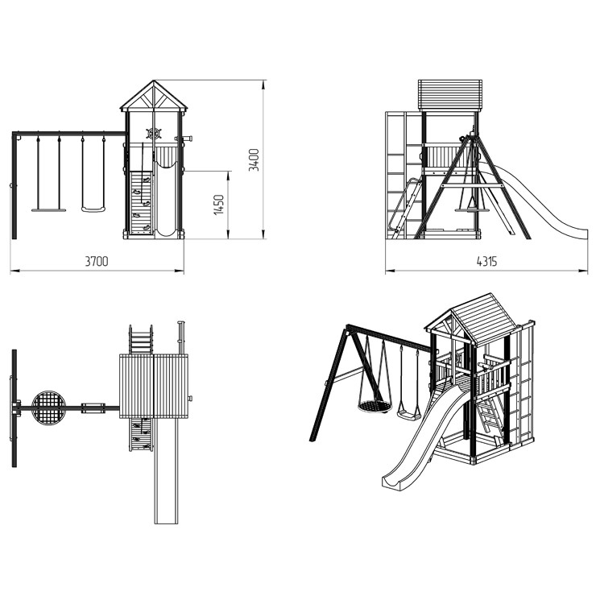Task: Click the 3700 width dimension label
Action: (x=97, y=261)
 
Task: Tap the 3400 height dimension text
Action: (x=254, y=159)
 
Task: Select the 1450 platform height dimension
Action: (x=219, y=205)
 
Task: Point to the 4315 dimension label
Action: (x=486, y=261)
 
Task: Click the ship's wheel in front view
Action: (x=154, y=134)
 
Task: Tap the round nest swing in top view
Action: (x=48, y=408)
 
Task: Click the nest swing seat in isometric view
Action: (x=375, y=407)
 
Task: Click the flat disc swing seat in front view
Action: (x=48, y=209)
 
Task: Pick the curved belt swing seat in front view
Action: (x=93, y=209)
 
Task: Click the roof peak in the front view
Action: (x=154, y=81)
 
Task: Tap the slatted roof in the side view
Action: (x=450, y=95)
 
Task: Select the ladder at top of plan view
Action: (x=141, y=339)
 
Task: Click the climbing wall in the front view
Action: (x=141, y=203)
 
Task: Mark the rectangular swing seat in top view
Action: (x=93, y=408)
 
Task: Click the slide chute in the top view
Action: (x=166, y=471)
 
